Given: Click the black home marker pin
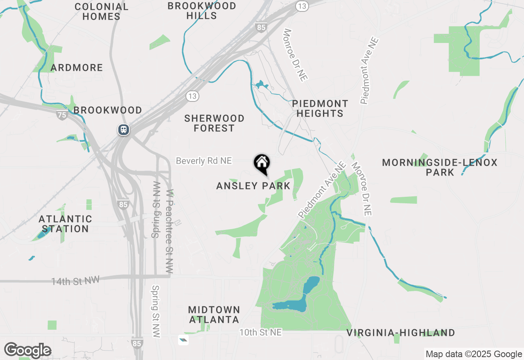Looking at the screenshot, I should click(x=262, y=164).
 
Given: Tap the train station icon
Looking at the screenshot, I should click(x=123, y=130).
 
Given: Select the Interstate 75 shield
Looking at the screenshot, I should click(x=62, y=115).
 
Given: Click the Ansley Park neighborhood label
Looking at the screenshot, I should click(x=253, y=186).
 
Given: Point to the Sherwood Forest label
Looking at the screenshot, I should click(x=214, y=123).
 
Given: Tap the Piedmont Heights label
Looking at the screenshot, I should click(x=320, y=108).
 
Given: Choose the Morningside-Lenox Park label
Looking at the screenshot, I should click(x=440, y=167).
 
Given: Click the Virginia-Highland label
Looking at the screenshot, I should click(x=401, y=333).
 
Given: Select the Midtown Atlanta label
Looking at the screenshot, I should click(x=214, y=315).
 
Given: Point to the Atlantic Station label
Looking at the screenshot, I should click(x=66, y=224).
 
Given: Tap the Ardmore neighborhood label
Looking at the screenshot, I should click(x=77, y=67).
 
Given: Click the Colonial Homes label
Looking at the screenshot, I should click(x=101, y=11).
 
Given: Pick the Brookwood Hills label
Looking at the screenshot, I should click(x=202, y=11).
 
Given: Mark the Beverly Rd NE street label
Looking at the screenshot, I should click(x=204, y=161).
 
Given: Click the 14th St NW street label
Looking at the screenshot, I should click(x=75, y=281).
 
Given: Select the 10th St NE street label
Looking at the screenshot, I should click(x=260, y=333).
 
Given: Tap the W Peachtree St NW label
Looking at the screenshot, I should click(x=169, y=231).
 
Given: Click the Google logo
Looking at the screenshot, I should click(x=27, y=350).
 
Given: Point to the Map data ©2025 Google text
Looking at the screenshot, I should click(x=474, y=354).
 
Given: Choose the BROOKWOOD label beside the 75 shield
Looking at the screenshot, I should click(x=108, y=110).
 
